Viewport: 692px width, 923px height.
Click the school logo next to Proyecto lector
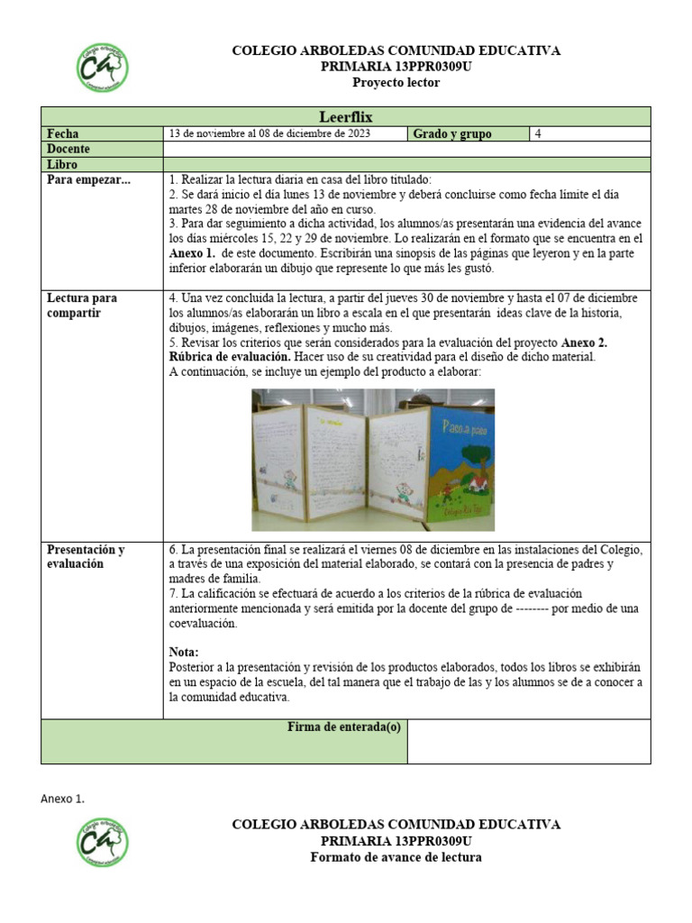click(102, 68)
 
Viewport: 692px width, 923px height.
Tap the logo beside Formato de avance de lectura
click(102, 843)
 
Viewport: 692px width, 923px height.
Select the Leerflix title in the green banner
click(345, 116)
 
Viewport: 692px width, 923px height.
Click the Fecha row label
click(62, 133)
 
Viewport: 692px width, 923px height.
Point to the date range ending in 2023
click(269, 133)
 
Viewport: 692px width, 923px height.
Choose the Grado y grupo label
click(452, 133)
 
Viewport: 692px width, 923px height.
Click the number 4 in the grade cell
click(538, 133)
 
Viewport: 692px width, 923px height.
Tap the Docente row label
click(68, 149)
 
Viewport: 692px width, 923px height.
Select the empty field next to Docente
click(405, 149)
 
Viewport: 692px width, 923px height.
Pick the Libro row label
click(62, 165)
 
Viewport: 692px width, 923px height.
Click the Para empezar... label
click(88, 180)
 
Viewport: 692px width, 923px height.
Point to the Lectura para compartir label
click(82, 305)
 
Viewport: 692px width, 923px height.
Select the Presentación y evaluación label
click(86, 556)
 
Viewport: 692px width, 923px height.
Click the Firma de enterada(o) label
click(343, 727)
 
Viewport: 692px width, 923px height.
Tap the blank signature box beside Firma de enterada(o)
click(528, 741)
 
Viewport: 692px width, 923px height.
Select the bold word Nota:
click(184, 652)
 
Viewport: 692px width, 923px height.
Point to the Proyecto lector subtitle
click(396, 83)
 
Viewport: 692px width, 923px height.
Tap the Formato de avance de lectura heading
click(396, 856)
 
